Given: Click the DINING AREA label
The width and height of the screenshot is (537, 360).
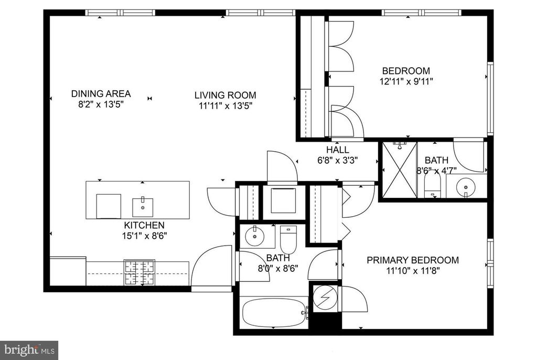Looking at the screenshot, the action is (101, 93).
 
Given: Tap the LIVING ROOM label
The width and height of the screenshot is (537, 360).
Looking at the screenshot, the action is (225, 95).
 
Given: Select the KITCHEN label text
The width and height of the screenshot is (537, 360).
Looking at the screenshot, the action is (144, 225).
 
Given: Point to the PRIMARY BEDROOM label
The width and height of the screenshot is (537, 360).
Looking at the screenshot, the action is (413, 260).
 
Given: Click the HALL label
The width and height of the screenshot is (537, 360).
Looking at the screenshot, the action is (338, 150).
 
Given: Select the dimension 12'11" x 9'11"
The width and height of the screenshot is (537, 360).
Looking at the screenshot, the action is (406, 81).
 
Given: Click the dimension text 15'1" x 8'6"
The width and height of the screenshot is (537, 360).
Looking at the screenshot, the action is (144, 236).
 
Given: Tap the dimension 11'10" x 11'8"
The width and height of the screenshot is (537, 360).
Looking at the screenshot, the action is (413, 271).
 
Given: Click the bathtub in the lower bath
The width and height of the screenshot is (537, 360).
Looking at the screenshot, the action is (274, 313).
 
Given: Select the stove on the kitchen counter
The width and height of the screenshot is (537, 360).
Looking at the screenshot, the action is (139, 272).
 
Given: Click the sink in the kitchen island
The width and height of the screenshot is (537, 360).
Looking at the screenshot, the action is (143, 207).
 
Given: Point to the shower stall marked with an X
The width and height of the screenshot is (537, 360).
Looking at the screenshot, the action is (400, 170).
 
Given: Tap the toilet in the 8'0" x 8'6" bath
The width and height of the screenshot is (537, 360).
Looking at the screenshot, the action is (288, 239).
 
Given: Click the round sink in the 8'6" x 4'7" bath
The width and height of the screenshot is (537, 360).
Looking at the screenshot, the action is (466, 187).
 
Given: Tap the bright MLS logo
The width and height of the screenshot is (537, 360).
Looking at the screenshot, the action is (29, 350).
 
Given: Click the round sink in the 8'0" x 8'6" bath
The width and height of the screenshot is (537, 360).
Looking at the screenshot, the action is (255, 236).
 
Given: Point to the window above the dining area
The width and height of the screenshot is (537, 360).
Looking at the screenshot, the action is (120, 13).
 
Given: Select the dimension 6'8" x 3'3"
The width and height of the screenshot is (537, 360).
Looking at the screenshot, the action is (338, 161).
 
